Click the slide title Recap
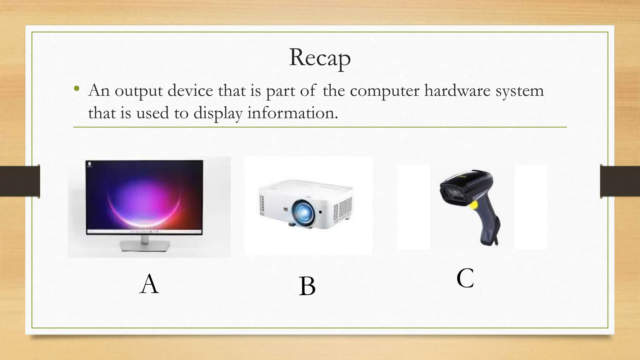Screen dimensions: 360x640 pos(320,58)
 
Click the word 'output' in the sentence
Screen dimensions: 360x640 pos(138,91)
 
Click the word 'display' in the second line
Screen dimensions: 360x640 pos(218,113)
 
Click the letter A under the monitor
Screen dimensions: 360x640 pos(149,284)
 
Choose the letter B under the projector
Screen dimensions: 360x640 pos(307,286)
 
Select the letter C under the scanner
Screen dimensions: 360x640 pos(465,278)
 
